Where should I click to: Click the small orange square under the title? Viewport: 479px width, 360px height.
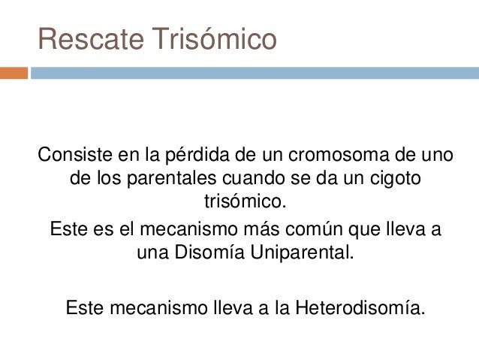pos(14,73)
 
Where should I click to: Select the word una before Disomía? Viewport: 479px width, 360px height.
pos(152,251)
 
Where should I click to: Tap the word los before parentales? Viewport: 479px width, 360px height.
pos(111,180)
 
